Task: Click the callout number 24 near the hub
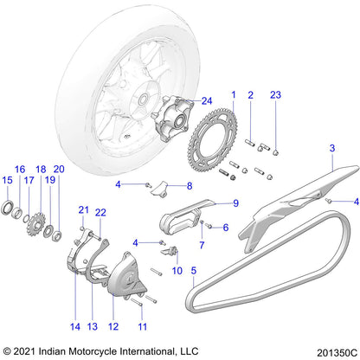(x=206, y=100)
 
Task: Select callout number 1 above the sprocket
(x=232, y=93)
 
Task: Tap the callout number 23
(x=276, y=93)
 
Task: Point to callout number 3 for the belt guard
(x=331, y=150)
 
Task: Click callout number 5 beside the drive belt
(x=194, y=270)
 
